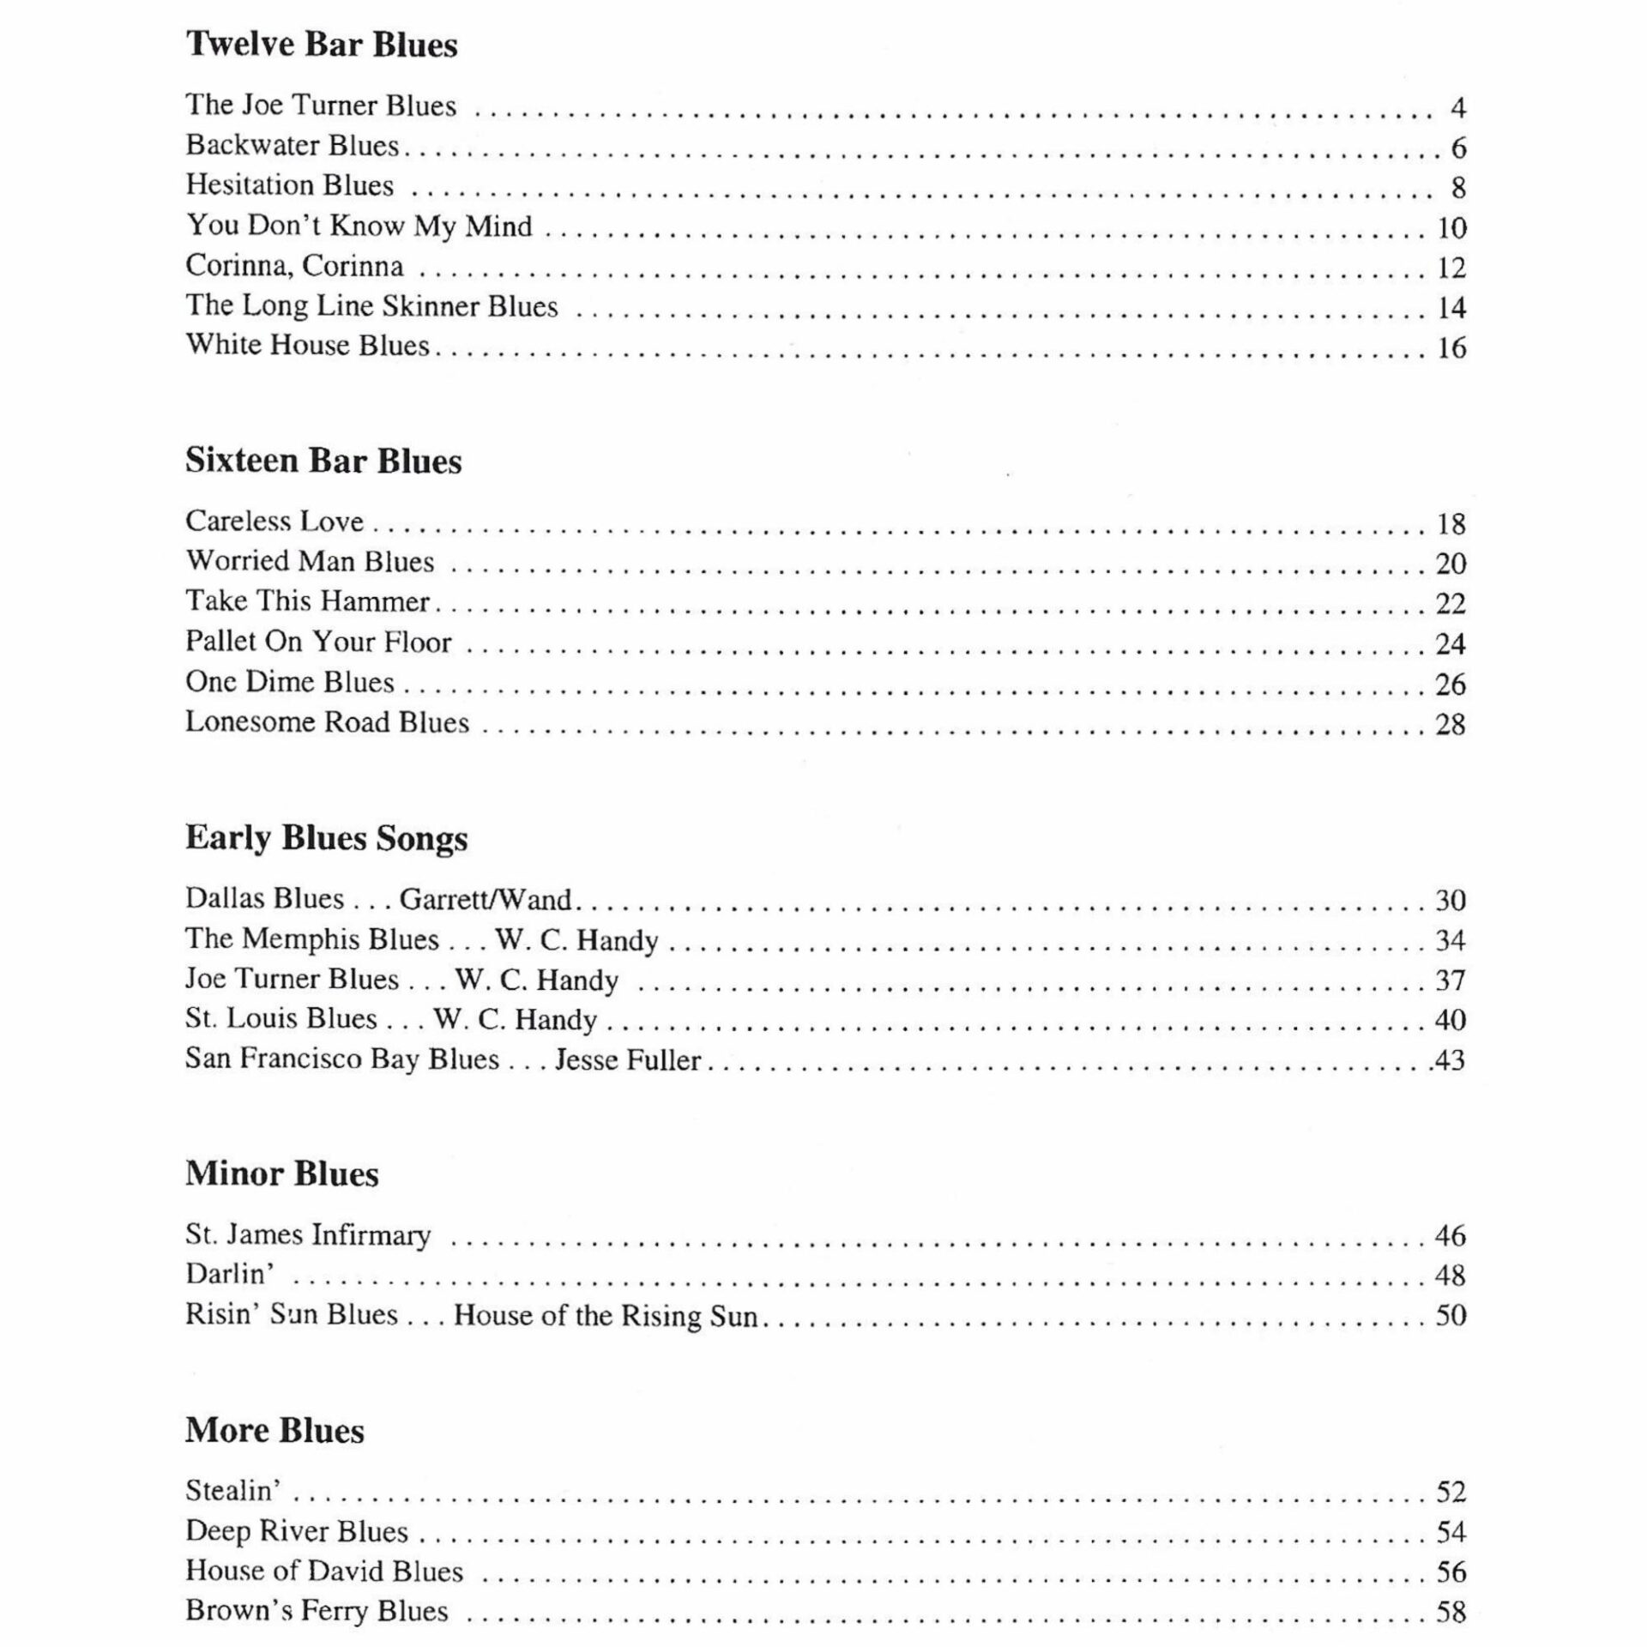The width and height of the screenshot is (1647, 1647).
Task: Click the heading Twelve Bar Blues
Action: click(322, 45)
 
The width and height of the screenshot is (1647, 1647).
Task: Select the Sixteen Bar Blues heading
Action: click(323, 462)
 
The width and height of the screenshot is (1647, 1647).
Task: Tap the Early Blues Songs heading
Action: click(326, 838)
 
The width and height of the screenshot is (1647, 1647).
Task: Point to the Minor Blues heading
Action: click(281, 1173)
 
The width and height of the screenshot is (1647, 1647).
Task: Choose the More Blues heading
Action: click(274, 1430)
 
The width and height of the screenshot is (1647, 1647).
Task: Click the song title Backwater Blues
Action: click(293, 146)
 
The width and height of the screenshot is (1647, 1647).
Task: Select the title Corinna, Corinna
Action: click(294, 266)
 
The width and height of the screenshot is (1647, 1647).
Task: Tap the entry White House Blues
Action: click(307, 345)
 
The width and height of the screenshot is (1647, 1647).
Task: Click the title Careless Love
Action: click(274, 522)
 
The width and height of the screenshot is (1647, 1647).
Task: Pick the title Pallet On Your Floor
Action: click(318, 642)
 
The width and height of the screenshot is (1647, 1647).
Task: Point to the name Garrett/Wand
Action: click(486, 899)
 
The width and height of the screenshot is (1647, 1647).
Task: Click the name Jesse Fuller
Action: click(628, 1059)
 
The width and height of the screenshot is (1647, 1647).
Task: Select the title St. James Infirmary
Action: click(308, 1234)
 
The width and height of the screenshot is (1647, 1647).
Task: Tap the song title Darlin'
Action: click(230, 1274)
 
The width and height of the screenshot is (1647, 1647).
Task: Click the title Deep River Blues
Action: click(297, 1531)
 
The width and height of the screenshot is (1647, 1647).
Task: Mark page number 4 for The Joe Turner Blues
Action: click(1457, 108)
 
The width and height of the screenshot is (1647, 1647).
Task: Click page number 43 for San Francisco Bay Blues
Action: click(1450, 1060)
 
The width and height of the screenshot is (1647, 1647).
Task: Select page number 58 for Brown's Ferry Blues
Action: click(1451, 1613)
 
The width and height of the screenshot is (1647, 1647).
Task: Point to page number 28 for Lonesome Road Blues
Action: click(1451, 725)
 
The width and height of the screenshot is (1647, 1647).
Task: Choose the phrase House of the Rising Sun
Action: click(606, 1315)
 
